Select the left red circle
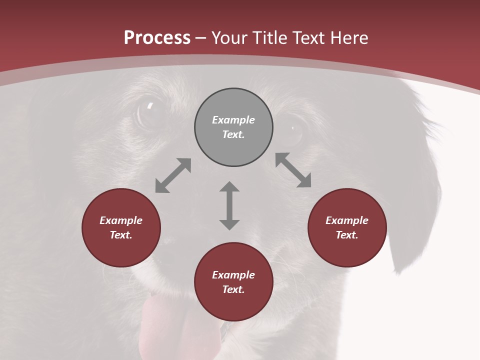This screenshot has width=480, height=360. pos(121,227)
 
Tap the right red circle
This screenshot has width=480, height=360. pos(347,227)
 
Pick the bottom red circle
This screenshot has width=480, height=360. pos(233,282)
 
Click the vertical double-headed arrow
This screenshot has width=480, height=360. pos(229,205)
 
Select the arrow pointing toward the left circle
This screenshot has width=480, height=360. pos(173,175)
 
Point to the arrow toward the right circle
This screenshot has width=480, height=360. pos(293,170)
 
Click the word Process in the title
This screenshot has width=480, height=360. pos(157,38)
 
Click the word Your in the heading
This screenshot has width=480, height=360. pos(229,38)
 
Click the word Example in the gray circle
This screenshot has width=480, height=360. pos(233,120)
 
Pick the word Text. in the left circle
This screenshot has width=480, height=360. pos(121,235)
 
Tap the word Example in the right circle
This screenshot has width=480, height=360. pos(347,220)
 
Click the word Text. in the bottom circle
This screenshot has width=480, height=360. pos(233,289)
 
